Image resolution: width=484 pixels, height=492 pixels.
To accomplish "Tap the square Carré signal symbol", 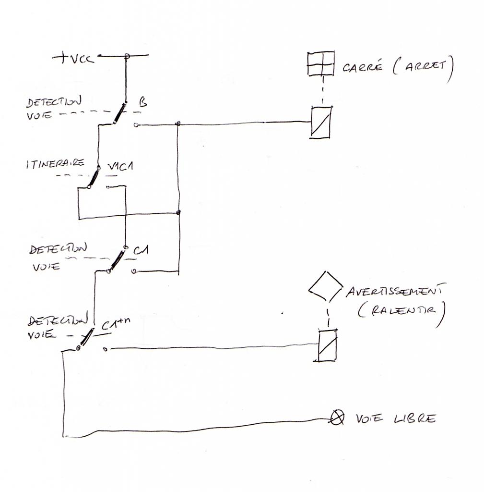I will click(x=321, y=63).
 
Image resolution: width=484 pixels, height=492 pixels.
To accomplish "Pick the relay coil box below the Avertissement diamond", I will click(x=327, y=345).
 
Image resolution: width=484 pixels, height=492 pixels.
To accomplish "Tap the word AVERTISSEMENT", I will click(x=396, y=291).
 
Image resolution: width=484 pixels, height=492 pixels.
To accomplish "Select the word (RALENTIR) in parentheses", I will click(x=401, y=311).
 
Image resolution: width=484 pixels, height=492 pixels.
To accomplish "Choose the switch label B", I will click(x=142, y=102).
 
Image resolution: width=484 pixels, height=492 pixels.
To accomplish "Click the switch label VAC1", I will click(x=120, y=166).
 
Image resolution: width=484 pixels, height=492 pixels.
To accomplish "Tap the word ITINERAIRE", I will click(x=56, y=164).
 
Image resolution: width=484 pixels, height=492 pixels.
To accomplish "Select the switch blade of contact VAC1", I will click(x=94, y=177).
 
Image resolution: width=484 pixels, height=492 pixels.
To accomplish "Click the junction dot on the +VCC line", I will click(x=127, y=56).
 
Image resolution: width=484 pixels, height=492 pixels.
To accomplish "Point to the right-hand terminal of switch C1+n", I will click(x=106, y=349).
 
